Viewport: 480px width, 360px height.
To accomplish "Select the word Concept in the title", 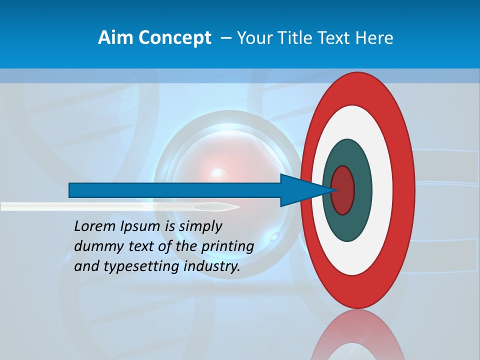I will (x=174, y=38).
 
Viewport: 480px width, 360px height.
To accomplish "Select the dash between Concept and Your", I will (x=225, y=38).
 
